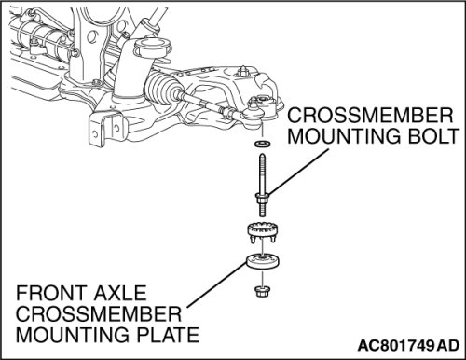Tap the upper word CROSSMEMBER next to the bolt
click(x=370, y=115)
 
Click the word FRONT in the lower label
click(x=50, y=293)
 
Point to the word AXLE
click(x=119, y=293)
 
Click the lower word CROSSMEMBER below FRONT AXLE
click(x=99, y=313)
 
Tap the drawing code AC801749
click(x=395, y=345)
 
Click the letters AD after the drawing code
click(x=447, y=345)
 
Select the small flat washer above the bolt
click(x=262, y=144)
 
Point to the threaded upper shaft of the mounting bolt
click(x=262, y=173)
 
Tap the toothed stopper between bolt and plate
click(x=263, y=232)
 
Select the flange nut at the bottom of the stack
click(x=262, y=291)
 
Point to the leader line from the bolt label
click(x=298, y=173)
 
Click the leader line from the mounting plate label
click(x=217, y=284)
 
